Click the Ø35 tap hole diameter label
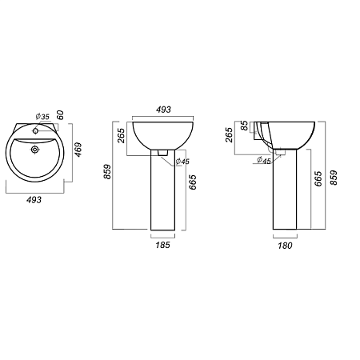[42, 117]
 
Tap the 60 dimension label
[61, 115]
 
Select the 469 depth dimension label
[78, 150]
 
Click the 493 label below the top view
[34, 200]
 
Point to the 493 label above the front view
[163, 110]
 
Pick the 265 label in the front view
[121, 135]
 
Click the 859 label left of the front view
[107, 171]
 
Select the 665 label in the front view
[192, 182]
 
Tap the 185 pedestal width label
[162, 245]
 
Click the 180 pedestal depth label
[285, 246]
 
